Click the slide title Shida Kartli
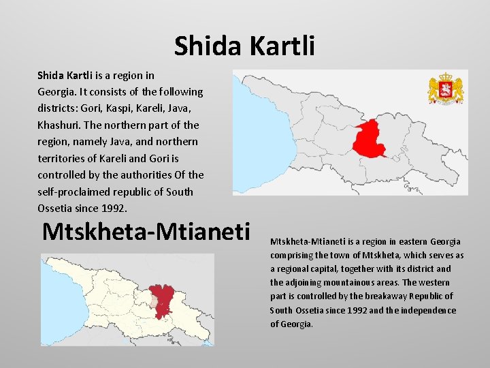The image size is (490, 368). pos(244,46)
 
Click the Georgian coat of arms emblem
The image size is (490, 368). pos(445,89)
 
